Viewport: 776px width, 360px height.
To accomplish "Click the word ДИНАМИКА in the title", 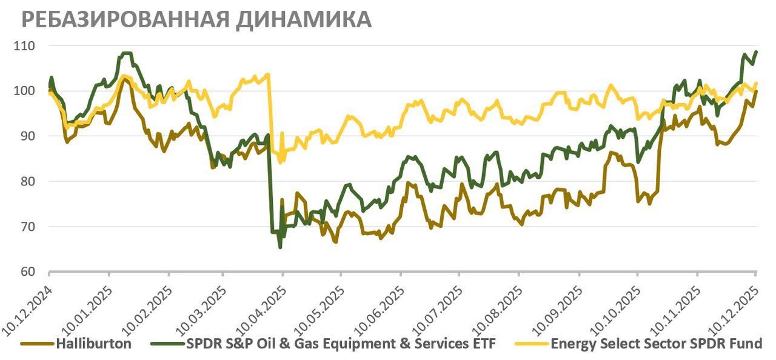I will click(x=303, y=19).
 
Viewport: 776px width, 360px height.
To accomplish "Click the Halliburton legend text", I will click(x=93, y=344).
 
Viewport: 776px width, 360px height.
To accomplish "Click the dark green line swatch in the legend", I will click(x=169, y=344).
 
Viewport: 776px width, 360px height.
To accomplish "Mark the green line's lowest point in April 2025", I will click(x=280, y=247).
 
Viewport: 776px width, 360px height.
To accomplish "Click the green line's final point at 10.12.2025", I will click(x=756, y=52).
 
